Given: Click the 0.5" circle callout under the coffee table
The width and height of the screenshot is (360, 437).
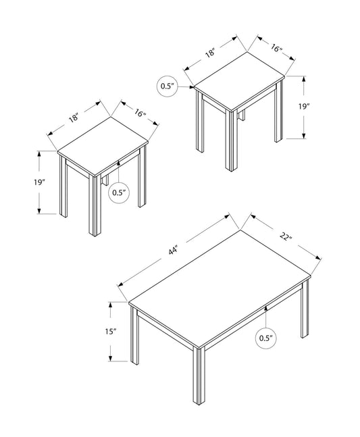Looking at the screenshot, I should click(268, 337).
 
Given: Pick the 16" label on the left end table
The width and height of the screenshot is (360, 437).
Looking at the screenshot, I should click(140, 113).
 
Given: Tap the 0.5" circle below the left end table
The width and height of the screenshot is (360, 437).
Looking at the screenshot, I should click(119, 192).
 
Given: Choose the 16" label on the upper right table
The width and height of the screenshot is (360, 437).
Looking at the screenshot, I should click(277, 48).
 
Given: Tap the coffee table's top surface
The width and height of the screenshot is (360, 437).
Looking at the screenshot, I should click(220, 284).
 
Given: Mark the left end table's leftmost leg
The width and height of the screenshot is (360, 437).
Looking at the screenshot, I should click(63, 190).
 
